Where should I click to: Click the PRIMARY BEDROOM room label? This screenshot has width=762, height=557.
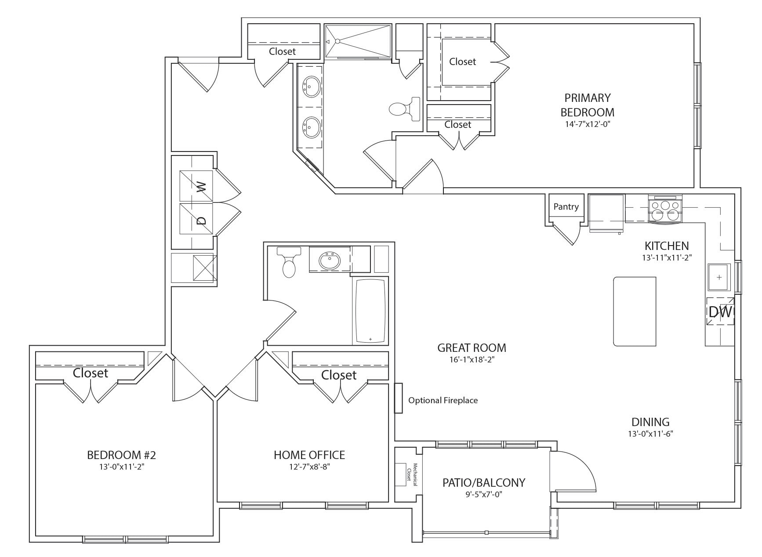point(587,105)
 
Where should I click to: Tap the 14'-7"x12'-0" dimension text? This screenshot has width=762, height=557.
point(587,124)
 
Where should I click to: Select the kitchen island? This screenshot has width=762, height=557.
point(635,311)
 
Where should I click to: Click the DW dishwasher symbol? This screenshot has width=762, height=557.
point(720,312)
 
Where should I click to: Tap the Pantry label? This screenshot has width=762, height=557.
point(566,206)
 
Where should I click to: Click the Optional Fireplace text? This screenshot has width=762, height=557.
point(443,400)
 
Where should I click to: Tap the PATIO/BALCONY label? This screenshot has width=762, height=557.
point(483,483)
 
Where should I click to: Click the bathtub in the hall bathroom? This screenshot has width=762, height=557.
point(370,311)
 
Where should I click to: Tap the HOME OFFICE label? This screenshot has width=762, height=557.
point(309,455)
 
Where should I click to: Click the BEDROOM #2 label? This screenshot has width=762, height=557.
point(121,455)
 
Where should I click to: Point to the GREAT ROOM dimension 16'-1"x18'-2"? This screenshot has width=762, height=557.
point(471,359)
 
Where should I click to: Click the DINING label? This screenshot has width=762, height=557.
point(650,422)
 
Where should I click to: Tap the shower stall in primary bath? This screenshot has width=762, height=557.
point(358,41)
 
